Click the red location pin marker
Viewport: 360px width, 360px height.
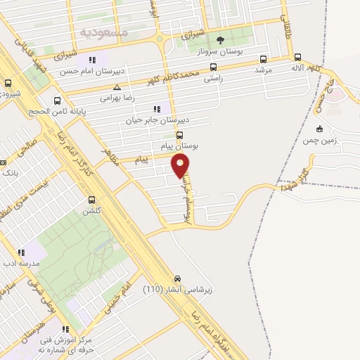click(x=181, y=165)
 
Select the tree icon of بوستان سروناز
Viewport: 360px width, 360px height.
click(x=221, y=39)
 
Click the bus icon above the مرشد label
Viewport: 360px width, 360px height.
click(x=264, y=59)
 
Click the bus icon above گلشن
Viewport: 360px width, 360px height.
click(x=92, y=200)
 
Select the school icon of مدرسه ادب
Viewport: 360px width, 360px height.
click(x=22, y=252)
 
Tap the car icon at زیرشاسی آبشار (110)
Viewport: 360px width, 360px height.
click(x=178, y=278)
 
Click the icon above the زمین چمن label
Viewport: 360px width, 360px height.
click(x=320, y=128)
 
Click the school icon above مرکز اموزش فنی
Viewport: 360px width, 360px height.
click(x=65, y=328)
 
